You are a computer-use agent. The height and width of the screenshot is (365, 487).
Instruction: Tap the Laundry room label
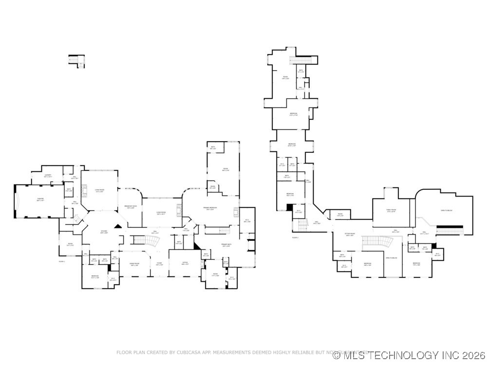point(48,176)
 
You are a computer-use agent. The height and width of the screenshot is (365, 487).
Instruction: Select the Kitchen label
point(104,232)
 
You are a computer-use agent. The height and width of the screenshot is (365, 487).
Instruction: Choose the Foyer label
point(159,265)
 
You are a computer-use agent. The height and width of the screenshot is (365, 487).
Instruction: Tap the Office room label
point(185,264)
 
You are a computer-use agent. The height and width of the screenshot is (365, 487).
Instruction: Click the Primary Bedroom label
point(209,209)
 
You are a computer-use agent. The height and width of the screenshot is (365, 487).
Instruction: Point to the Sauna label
point(213,187)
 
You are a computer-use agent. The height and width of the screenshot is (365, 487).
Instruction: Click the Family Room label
point(391,211)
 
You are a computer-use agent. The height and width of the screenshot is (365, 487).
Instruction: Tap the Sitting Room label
point(349,234)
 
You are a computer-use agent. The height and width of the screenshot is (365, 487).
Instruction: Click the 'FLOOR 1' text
point(62,261)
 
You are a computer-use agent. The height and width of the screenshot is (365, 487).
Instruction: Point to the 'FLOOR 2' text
point(295,237)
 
